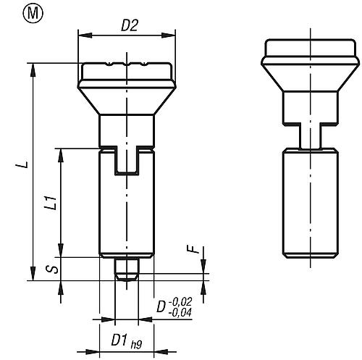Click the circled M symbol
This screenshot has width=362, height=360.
pos(33,14)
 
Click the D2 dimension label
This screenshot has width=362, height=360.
pos(130,25)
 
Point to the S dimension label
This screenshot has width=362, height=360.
pos(52,269)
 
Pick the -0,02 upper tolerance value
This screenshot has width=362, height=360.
pos(181,301)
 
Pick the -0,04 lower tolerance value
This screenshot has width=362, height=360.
pos(180,312)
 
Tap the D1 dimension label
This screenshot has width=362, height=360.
pos(119,340)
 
